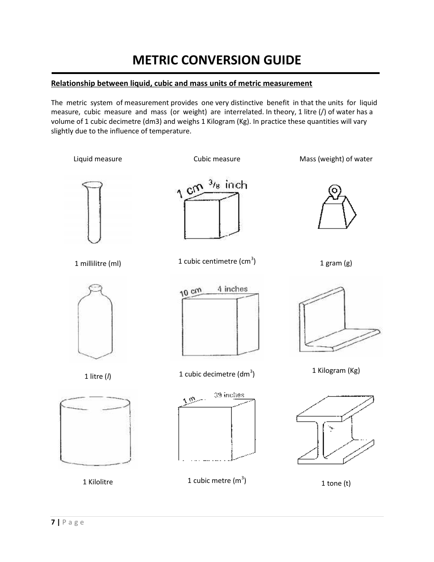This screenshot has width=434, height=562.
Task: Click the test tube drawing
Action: pos(93,212)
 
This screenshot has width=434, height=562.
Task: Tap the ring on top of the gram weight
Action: pos(335,191)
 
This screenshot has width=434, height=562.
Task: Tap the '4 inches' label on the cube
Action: pos(232,289)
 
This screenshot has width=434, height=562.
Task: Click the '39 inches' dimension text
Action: pos(229,395)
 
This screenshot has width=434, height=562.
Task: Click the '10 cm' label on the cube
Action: pos(191,292)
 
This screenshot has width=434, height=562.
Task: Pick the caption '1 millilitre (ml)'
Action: pos(98,264)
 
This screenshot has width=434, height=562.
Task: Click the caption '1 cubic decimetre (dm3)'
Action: pos(217,374)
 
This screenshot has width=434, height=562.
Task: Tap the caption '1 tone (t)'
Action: pos(336,483)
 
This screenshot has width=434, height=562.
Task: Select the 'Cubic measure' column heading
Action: pos(217,159)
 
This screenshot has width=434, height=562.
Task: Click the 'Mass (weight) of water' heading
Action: pos(336,159)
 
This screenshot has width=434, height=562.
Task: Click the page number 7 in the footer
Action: pos(53,522)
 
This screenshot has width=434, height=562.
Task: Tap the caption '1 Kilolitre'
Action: pos(98,482)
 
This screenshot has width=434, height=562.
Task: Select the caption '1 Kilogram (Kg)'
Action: pos(336,371)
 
